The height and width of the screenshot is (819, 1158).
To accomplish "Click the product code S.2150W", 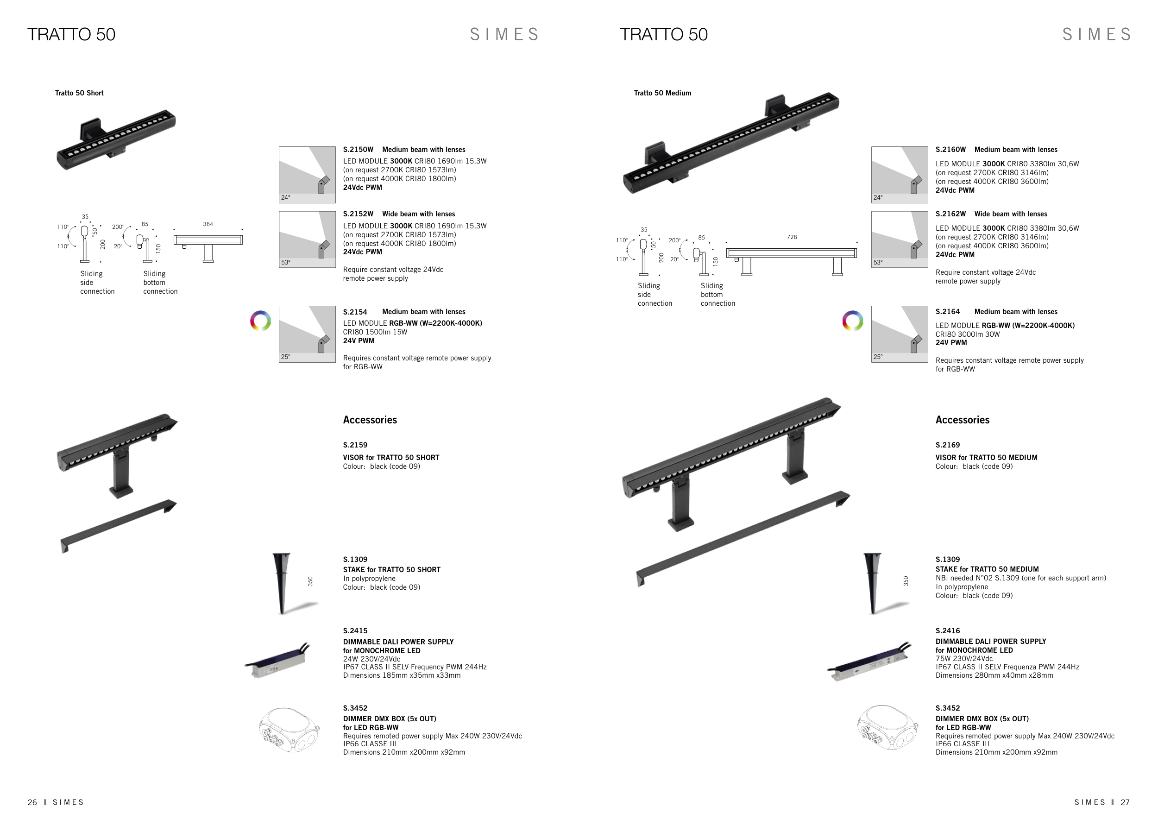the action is pos(358,150).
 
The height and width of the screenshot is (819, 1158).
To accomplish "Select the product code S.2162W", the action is pos(950,214).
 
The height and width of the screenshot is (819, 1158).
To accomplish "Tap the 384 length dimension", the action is pos(208,224).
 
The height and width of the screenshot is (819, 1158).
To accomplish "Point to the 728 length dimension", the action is pos(792,237).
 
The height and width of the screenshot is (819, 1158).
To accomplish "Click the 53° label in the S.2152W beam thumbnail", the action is pos(286,263).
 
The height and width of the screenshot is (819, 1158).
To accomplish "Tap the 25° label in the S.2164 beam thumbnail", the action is pos(878,357).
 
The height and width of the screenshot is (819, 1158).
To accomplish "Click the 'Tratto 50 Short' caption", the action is pos(79,93).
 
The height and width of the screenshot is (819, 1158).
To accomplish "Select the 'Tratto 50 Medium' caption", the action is pos(663,93).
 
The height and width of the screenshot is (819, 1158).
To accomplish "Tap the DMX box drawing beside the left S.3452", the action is pos(289,729).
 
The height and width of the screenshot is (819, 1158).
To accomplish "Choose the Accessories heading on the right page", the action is pos(963,420).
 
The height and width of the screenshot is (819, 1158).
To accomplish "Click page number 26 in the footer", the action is pos(32,802).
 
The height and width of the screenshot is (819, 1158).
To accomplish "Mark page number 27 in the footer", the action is pos(1125,802).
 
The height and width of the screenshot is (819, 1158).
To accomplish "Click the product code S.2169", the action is pos(948,445).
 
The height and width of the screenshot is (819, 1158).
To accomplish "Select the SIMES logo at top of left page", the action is pos(504,34).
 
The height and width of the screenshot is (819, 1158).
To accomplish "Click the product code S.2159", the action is pos(355,445).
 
